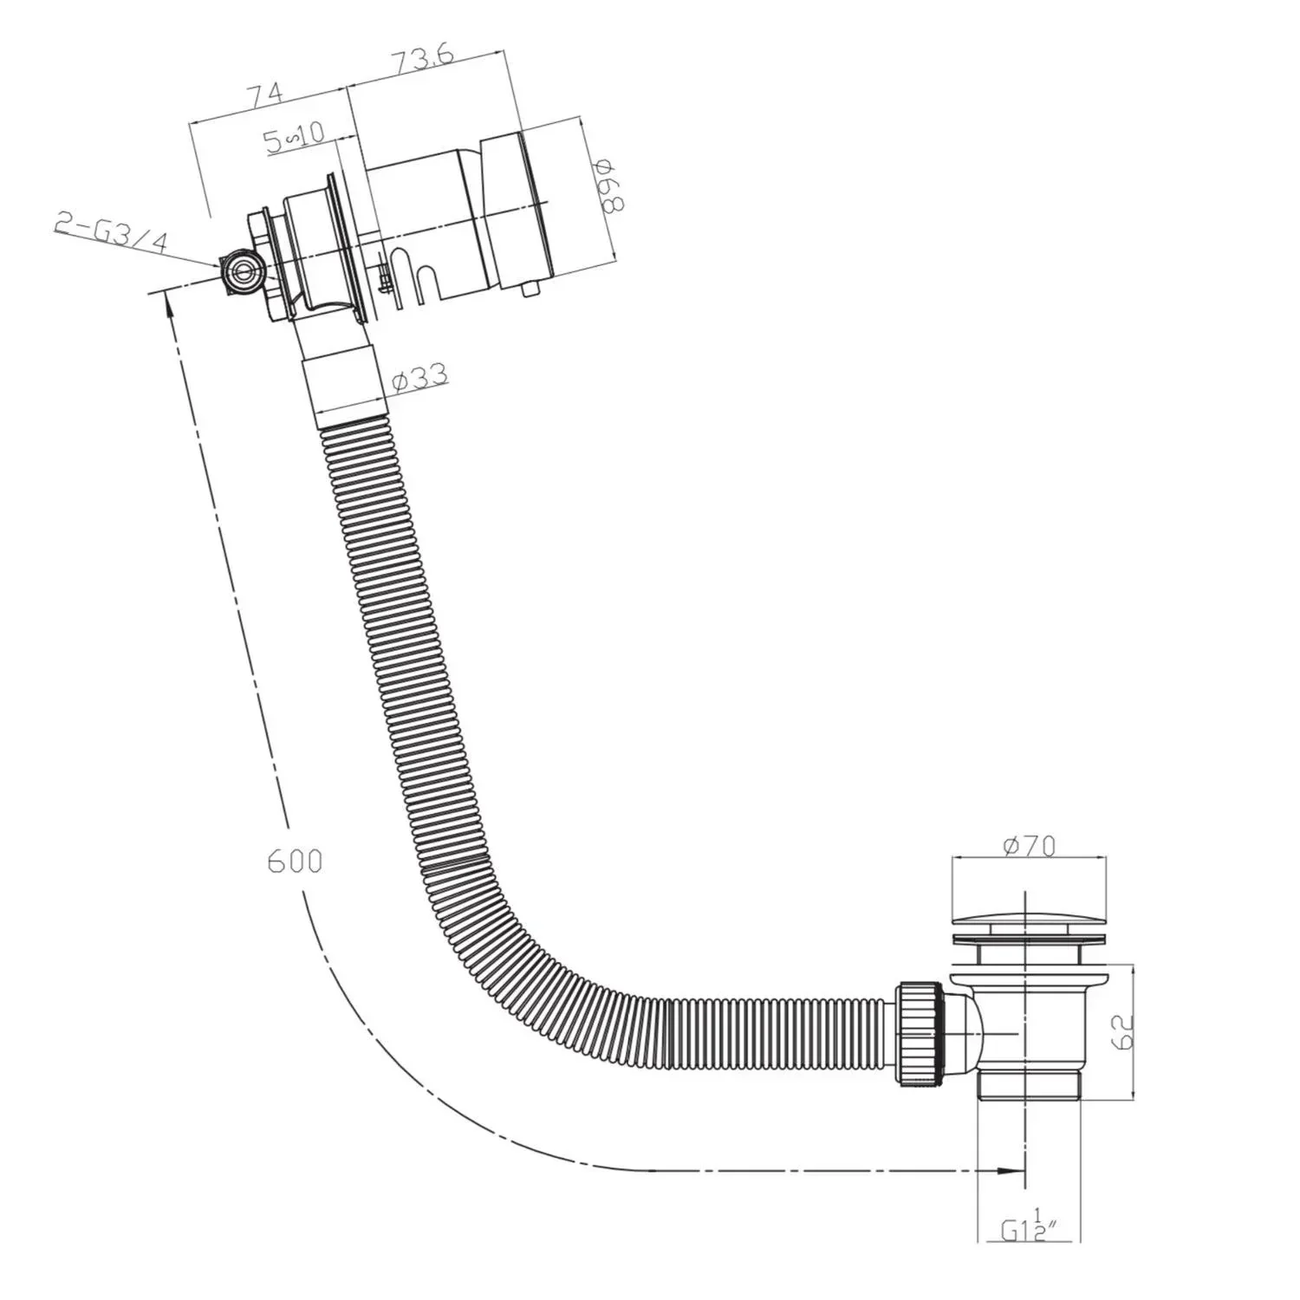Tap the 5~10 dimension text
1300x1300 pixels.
coord(294,137)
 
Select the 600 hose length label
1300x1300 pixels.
coord(295,861)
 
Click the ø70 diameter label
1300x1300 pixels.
coord(1030,845)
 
